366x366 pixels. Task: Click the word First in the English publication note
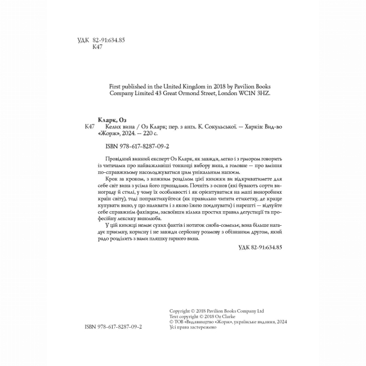pos(114,86)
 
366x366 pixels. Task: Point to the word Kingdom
pos(191,86)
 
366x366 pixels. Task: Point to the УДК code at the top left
pos(100,40)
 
